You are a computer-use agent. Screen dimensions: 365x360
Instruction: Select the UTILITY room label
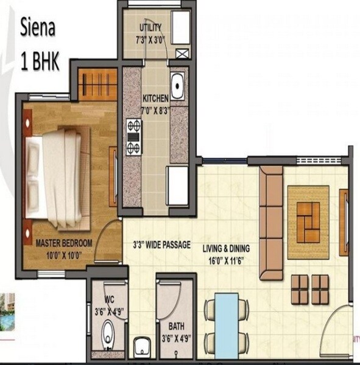(x=150, y=28)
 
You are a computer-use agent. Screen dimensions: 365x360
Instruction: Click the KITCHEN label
(x=155, y=98)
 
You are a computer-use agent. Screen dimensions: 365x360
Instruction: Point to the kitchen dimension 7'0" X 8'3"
(x=155, y=110)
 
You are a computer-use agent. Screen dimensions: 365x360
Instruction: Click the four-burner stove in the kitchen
(x=133, y=137)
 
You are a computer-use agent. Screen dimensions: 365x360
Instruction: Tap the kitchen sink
(x=177, y=86)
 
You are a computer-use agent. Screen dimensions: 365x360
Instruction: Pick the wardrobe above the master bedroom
(x=98, y=84)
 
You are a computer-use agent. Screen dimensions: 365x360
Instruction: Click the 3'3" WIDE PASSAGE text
(x=161, y=245)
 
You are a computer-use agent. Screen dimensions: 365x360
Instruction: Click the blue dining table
(x=227, y=325)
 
